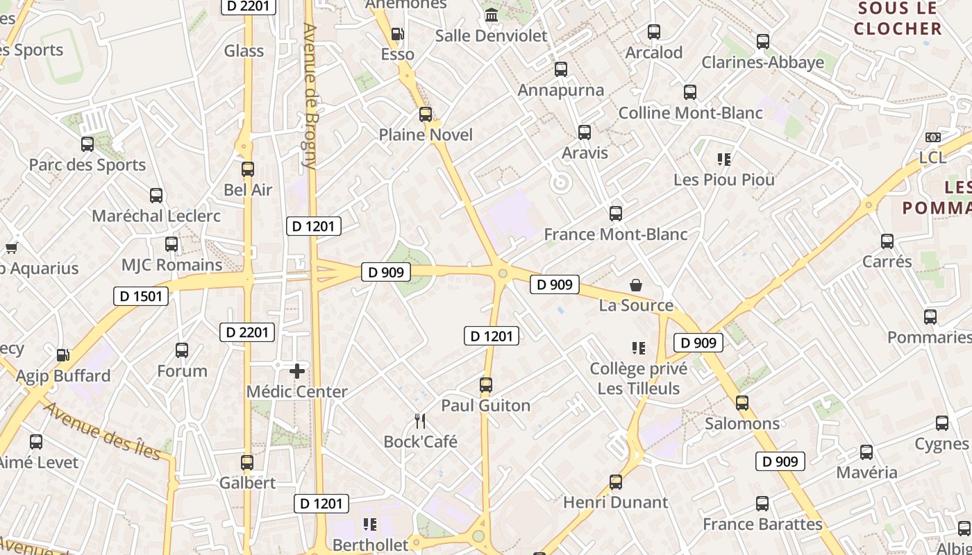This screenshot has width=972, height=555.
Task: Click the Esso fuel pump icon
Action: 398,33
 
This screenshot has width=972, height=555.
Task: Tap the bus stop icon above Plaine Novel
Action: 426,114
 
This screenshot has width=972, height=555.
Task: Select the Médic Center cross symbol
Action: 297,371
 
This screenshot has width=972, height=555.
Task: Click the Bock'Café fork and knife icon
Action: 419,420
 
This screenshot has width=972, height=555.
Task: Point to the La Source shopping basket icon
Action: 636,284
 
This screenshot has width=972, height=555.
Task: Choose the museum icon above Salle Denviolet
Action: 492,15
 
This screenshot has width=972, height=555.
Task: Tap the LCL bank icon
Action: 933,137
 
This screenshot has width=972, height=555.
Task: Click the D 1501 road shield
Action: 141,296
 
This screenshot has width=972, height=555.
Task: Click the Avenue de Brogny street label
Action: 310,97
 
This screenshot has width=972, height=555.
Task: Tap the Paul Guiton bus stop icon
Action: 486,384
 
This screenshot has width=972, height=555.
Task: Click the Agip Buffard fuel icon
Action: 62,355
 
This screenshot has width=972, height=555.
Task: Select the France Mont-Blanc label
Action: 616,234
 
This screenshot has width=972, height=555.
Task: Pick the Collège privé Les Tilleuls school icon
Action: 639,348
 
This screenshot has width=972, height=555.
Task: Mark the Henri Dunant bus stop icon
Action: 616,481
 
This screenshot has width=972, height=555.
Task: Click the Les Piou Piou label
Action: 724,180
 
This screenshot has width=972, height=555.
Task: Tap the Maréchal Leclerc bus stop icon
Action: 156,196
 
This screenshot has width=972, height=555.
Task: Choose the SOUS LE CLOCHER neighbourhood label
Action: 898,19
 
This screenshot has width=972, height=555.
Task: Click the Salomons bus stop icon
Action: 742,402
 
